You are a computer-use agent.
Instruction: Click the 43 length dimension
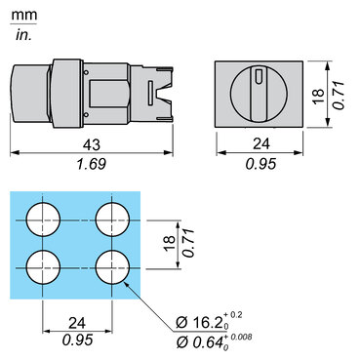(x=92, y=144)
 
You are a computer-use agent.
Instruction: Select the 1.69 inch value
(x=91, y=164)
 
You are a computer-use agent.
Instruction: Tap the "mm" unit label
(x=24, y=16)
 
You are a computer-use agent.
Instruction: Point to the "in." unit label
(x=23, y=35)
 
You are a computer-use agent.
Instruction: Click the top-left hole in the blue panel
(x=43, y=220)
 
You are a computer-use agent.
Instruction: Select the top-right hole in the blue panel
(x=112, y=220)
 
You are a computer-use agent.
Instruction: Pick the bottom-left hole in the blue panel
(x=43, y=267)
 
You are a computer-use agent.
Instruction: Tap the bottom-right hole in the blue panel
(x=112, y=267)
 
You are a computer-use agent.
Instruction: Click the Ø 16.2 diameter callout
(x=200, y=323)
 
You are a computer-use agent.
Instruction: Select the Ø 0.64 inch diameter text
(x=200, y=341)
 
